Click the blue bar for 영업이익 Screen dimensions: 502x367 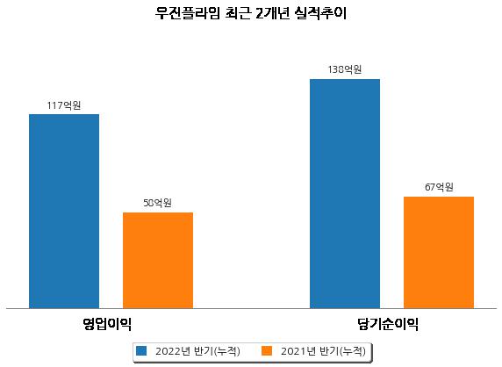tap(64, 212)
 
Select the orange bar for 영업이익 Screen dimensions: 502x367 tap(158, 261)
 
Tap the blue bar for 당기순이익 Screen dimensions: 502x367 tap(345, 194)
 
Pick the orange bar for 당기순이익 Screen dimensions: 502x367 tap(439, 253)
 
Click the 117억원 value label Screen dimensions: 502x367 tap(64, 105)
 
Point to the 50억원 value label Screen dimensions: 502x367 tap(157, 203)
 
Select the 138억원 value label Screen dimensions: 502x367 tap(345, 69)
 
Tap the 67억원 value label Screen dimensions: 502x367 tap(439, 187)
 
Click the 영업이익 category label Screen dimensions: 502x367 tap(107, 324)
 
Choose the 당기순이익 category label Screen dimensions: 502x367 tap(388, 324)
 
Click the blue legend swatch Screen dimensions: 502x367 tap(141, 350)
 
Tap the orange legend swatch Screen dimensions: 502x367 tap(267, 350)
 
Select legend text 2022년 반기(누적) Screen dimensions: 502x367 tap(197, 351)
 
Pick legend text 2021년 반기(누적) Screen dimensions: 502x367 tap(323, 351)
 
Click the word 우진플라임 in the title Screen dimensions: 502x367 tap(188, 13)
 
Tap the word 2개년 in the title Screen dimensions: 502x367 tap(272, 13)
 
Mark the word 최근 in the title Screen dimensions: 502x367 tap(238, 13)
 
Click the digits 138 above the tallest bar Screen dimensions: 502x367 tap(335, 69)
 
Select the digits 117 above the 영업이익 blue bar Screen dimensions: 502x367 tap(54, 105)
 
